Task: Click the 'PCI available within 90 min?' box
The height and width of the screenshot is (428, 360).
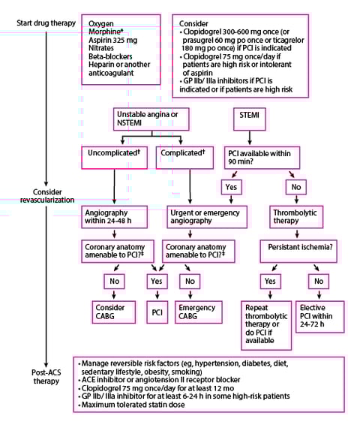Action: (x=259, y=157)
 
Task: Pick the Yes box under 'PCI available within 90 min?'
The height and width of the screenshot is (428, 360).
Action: (x=233, y=186)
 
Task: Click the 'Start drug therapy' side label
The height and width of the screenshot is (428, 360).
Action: (x=46, y=23)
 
